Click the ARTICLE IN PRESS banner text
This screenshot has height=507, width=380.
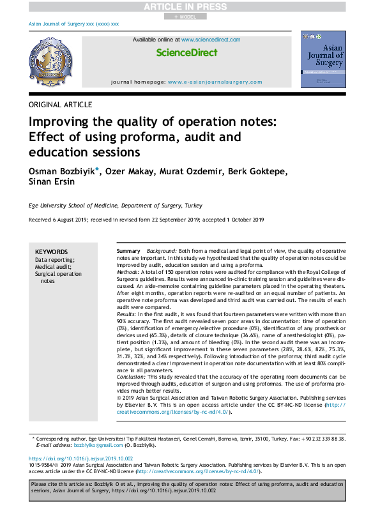(190, 7)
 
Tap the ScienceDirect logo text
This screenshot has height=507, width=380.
(186, 53)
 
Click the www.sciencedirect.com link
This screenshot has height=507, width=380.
(211, 40)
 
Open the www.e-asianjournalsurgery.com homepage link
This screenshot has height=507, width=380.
(215, 82)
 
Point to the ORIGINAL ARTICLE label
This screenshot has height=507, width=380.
(61, 105)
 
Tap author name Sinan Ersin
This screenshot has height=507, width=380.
(52, 182)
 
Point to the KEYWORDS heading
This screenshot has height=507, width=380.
(51, 252)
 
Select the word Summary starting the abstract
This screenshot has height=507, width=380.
(128, 252)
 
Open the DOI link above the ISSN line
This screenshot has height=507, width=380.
(80, 459)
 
